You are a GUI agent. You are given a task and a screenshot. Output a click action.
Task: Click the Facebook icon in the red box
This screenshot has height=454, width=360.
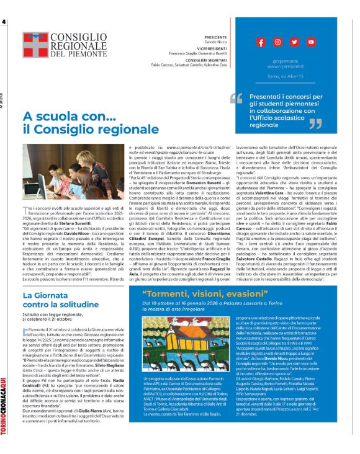point(261,42)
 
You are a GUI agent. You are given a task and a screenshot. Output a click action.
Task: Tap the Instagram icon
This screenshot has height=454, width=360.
point(277,42)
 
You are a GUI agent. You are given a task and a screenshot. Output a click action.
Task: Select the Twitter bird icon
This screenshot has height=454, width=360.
point(294,42)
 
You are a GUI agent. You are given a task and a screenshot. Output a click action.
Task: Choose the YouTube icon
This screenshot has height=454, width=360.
point(311,42)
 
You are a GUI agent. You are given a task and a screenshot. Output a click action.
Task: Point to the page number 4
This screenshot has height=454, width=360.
point(4,22)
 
